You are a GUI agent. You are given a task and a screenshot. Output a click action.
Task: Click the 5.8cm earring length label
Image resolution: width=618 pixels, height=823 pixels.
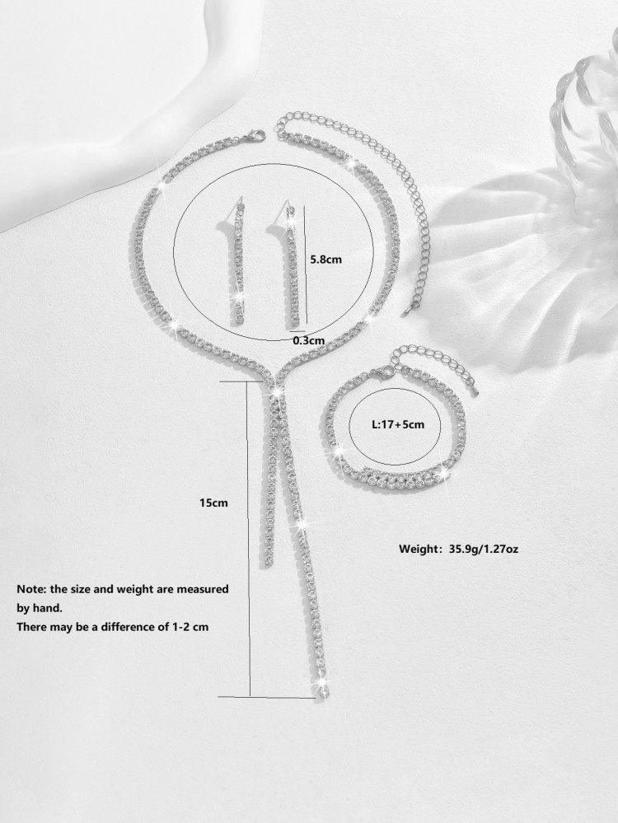tap(325, 259)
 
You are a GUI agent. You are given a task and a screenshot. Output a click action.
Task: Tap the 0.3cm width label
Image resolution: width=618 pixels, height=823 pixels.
tap(309, 340)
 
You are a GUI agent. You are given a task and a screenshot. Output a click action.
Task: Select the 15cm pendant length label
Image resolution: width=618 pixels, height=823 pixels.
tap(213, 503)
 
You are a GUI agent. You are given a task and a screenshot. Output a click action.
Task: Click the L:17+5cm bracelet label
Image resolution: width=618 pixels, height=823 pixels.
tap(397, 424)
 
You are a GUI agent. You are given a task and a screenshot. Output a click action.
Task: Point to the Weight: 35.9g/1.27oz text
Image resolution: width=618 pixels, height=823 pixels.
tap(459, 549)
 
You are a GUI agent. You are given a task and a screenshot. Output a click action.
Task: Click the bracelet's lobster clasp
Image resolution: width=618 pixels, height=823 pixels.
tap(380, 373)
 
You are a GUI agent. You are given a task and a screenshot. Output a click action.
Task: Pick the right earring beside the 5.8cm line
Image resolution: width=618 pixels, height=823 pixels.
tap(293, 264)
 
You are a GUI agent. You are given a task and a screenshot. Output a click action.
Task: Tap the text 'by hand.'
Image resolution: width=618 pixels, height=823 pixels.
tap(40, 608)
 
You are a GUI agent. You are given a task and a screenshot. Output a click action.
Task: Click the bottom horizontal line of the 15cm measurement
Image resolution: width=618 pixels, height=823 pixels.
tap(266, 697)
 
